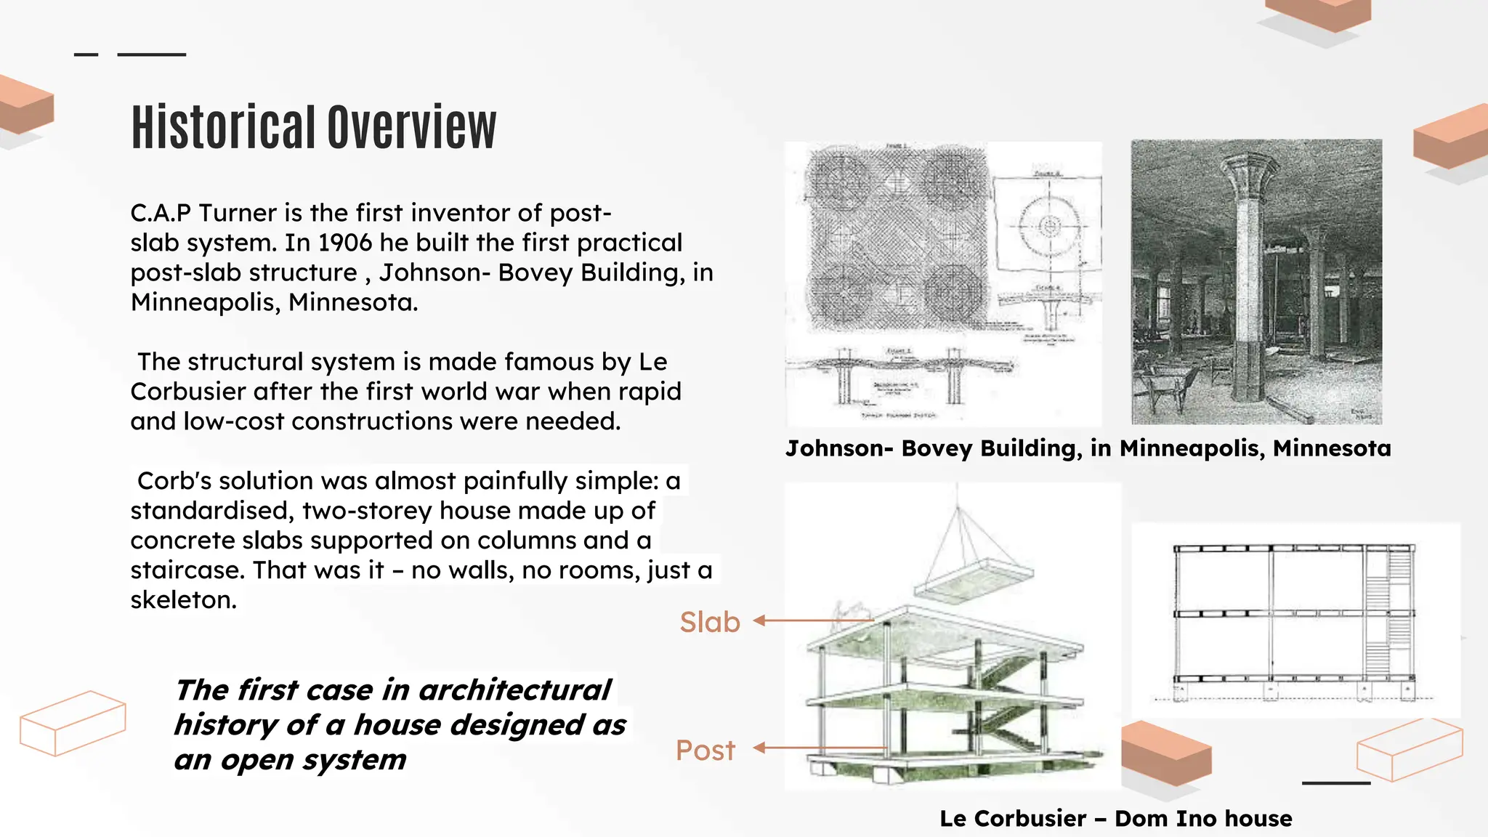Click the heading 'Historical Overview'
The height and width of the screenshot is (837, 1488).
313,127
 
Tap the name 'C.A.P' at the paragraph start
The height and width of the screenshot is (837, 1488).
161,213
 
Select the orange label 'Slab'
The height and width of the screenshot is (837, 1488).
709,623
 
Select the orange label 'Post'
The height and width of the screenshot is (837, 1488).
705,751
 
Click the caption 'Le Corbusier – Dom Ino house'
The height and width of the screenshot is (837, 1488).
1115,819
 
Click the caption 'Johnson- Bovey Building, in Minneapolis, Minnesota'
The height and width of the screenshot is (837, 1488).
1088,448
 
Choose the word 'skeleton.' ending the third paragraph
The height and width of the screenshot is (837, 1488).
183,600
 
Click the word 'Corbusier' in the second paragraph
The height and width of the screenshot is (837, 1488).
188,392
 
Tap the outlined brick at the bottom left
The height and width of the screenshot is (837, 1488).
73,723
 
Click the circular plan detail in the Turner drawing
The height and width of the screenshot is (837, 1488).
1048,226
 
